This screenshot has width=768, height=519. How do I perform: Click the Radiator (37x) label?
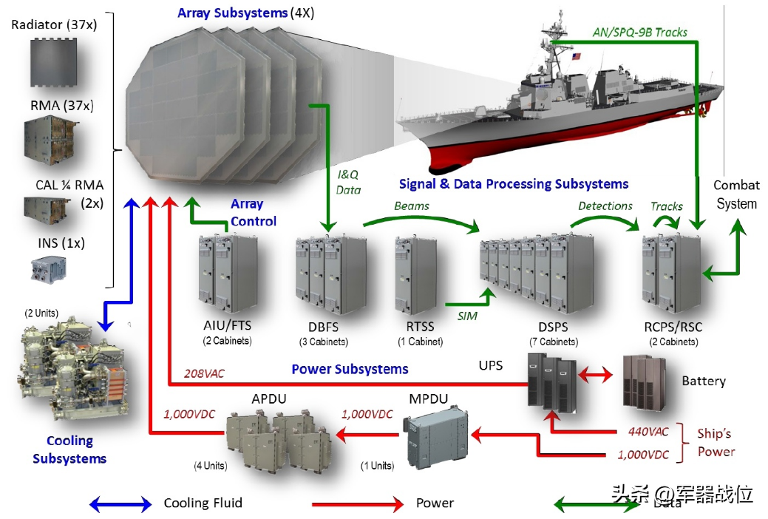click(54, 24)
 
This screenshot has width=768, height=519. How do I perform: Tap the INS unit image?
click(49, 269)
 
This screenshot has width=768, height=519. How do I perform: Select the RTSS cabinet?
click(416, 276)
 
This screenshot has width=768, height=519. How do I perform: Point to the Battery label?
click(704, 381)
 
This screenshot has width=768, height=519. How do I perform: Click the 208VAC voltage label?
click(204, 373)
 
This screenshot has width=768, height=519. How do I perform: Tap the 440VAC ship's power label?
click(648, 432)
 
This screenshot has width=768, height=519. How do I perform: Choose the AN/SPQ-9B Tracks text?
click(639, 33)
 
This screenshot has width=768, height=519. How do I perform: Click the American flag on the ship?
click(576, 56)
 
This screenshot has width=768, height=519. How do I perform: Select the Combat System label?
click(737, 194)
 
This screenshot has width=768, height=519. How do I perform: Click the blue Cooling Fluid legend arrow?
click(120, 503)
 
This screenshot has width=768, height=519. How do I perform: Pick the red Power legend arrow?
click(358, 503)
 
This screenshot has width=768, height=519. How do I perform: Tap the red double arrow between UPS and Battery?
click(595, 376)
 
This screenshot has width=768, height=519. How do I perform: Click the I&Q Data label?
click(348, 183)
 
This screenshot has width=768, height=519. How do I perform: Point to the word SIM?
click(467, 316)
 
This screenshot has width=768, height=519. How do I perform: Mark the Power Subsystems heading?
click(350, 369)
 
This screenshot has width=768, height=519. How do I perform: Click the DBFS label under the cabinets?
click(323, 327)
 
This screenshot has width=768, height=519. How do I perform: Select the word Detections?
click(605, 206)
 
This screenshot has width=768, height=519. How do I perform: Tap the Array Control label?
click(254, 212)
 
